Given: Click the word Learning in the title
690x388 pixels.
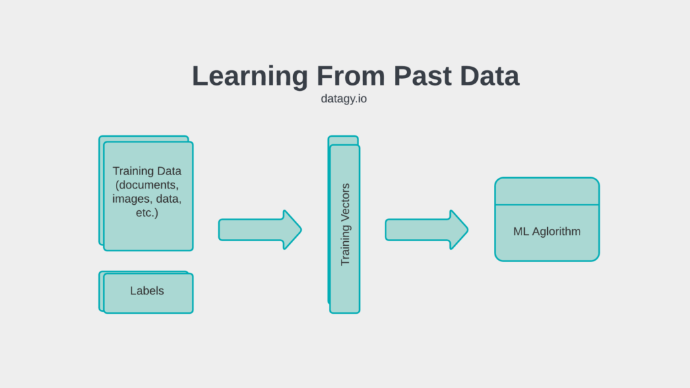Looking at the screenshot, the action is click(x=250, y=77).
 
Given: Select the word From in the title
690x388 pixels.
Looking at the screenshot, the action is click(x=350, y=75).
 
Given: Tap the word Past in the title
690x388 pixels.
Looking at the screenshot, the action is click(x=422, y=75).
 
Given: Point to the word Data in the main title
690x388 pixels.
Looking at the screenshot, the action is click(x=490, y=75).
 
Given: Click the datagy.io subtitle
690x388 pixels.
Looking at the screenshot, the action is click(x=344, y=98).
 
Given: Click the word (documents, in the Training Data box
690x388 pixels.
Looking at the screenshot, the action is click(x=147, y=185).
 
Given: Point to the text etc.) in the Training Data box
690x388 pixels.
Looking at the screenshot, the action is click(x=147, y=213).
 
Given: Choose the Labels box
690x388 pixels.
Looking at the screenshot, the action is click(x=146, y=292).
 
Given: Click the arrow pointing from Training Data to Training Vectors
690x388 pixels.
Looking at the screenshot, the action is click(x=260, y=230).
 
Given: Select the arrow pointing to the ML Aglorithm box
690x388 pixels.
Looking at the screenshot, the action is click(x=427, y=230).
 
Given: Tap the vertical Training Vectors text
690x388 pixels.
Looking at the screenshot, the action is click(x=345, y=224).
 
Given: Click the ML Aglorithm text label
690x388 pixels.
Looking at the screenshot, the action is click(x=547, y=232).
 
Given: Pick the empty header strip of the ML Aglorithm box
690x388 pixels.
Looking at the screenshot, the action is click(x=547, y=191).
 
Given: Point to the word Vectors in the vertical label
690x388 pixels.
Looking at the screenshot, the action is click(x=345, y=201).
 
